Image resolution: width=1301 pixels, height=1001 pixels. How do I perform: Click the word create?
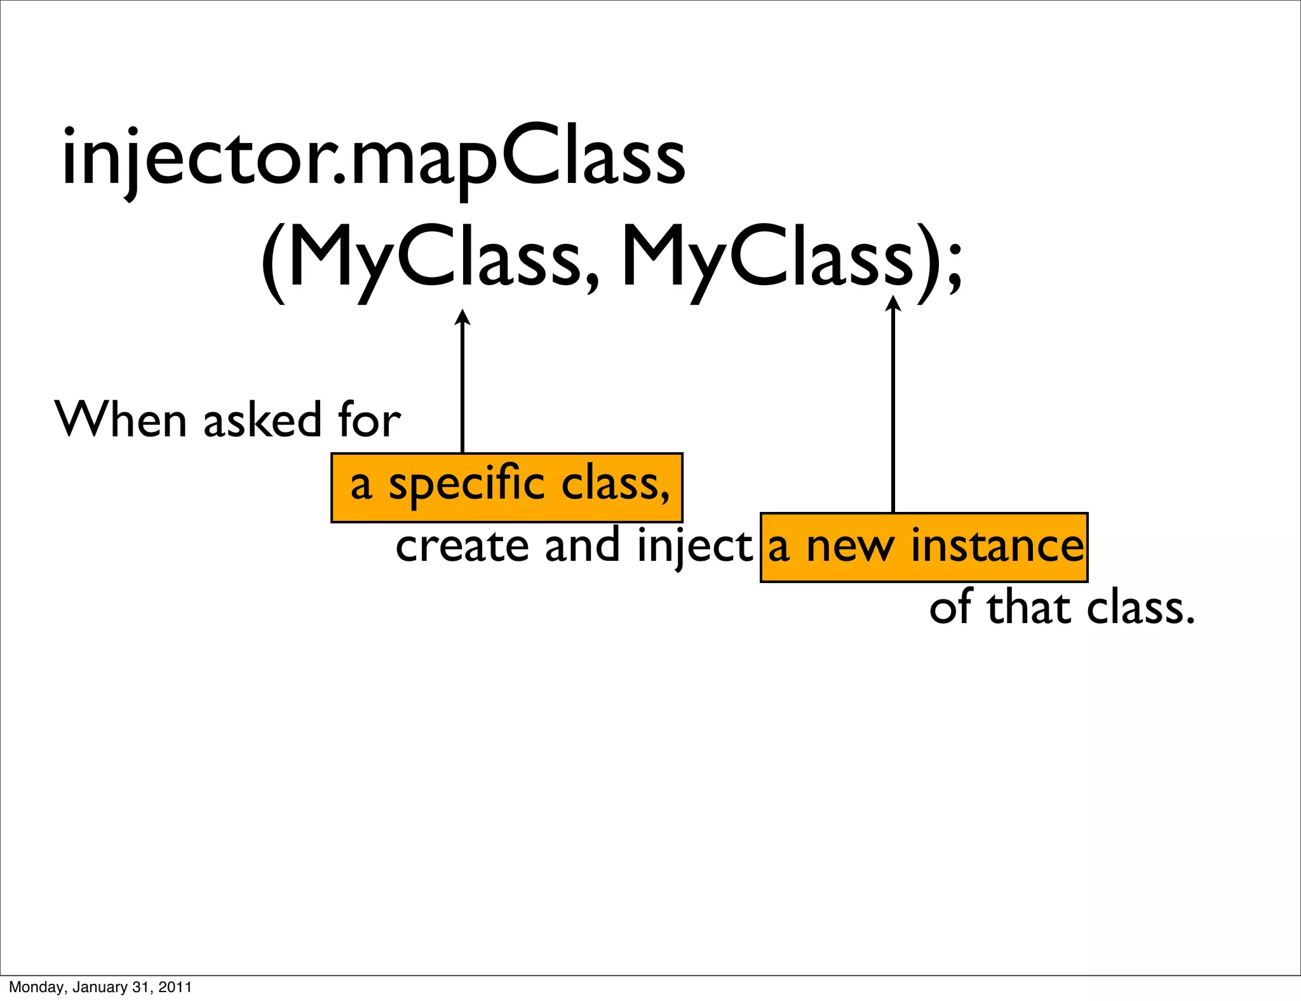462,546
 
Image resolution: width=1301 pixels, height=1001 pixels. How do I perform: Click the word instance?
997,546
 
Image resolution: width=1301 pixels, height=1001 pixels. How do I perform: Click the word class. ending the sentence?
1141,608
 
